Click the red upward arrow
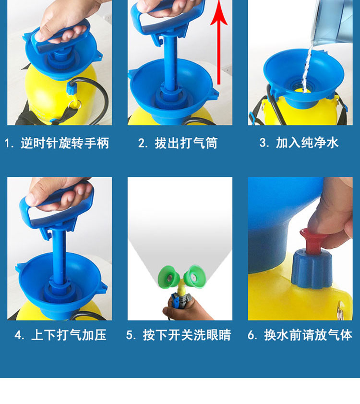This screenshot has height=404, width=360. pos(219,42)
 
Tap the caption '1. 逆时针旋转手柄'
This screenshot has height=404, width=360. pos(57,143)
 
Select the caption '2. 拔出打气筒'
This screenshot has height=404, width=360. pos(178,143)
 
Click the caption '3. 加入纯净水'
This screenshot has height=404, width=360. pos(299,143)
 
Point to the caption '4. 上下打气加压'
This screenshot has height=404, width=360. pos(60,335)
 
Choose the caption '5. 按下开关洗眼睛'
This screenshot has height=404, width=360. pos(179,335)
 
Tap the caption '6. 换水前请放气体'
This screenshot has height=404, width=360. pos(300,335)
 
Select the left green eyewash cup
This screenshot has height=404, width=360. pos(168,277)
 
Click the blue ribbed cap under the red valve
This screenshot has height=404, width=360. pos(312,269)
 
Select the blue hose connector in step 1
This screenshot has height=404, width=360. pos(71,88)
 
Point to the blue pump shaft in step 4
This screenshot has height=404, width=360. pos(59,255)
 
